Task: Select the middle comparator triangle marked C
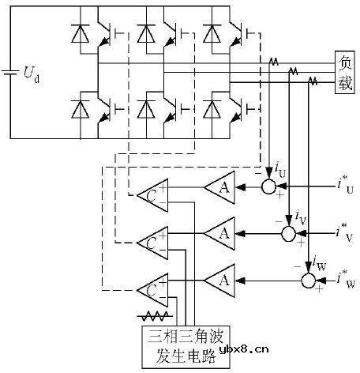pyautogui.click(x=153, y=241)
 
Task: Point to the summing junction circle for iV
pyautogui.click(x=289, y=233)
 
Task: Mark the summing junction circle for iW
pyautogui.click(x=308, y=279)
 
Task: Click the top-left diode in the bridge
pyautogui.click(x=79, y=35)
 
